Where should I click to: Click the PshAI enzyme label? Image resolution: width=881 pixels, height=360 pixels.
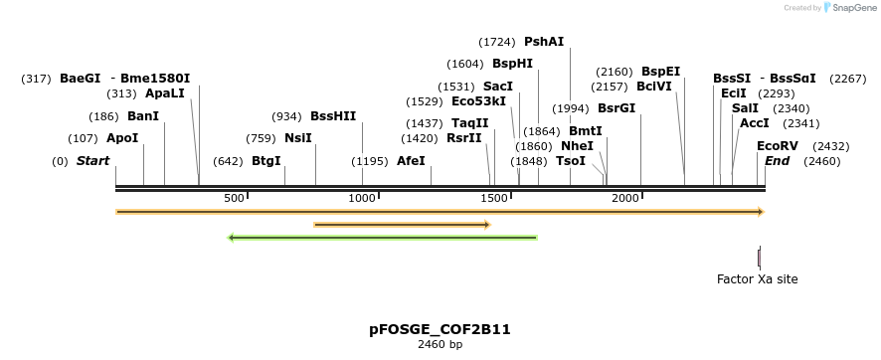pyautogui.click(x=544, y=42)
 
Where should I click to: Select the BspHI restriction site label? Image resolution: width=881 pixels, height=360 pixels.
pyautogui.click(x=512, y=64)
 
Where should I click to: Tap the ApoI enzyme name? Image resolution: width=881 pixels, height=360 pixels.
pyautogui.click(x=122, y=138)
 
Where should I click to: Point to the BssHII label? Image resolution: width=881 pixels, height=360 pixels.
pyautogui.click(x=333, y=116)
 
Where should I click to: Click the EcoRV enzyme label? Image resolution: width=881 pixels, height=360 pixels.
pyautogui.click(x=778, y=146)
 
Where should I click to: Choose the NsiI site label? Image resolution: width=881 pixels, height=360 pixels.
pyautogui.click(x=298, y=138)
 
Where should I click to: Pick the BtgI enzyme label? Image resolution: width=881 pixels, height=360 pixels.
pyautogui.click(x=265, y=161)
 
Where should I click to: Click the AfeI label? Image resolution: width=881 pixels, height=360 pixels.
pyautogui.click(x=411, y=161)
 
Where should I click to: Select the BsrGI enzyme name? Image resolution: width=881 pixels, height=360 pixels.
pyautogui.click(x=616, y=108)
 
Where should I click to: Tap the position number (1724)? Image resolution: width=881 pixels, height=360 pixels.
pyautogui.click(x=496, y=42)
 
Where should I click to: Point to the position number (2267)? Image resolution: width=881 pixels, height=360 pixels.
pyautogui.click(x=848, y=79)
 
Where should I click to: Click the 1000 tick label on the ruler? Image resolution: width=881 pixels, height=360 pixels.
pyautogui.click(x=362, y=199)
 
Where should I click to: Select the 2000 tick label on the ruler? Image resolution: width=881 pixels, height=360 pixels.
pyautogui.click(x=625, y=199)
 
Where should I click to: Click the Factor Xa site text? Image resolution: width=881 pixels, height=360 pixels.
pyautogui.click(x=757, y=279)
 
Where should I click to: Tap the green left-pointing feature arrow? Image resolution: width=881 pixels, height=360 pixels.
pyautogui.click(x=383, y=238)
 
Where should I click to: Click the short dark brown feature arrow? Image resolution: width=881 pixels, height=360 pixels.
pyautogui.click(x=402, y=225)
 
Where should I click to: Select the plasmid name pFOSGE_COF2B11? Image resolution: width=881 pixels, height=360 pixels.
pyautogui.click(x=440, y=329)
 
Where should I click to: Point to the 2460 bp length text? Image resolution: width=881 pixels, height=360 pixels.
pyautogui.click(x=440, y=345)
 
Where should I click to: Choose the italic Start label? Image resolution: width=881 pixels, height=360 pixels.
pyautogui.click(x=92, y=161)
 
